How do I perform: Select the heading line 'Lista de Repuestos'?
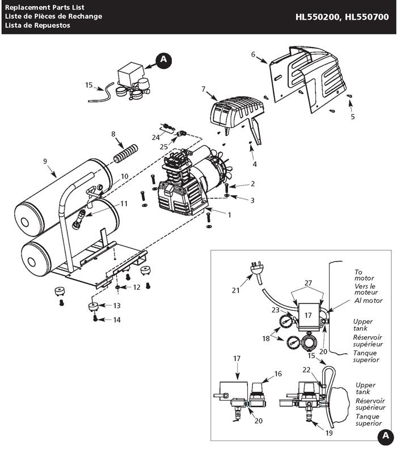(38, 26)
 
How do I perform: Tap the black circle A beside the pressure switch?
(163, 59)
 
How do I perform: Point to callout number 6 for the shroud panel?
(253, 55)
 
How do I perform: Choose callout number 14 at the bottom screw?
(117, 320)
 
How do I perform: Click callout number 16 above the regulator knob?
(278, 374)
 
